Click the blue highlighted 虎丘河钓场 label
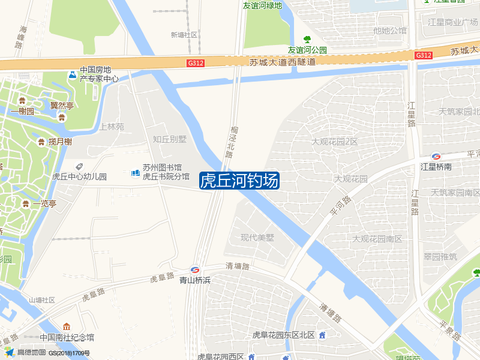[x=239, y=180]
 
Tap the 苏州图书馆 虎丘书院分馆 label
[x=166, y=172]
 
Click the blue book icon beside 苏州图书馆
[x=136, y=173]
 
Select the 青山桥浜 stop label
[x=195, y=280]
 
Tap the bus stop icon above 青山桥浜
[x=195, y=270]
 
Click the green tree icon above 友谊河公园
[x=307, y=40]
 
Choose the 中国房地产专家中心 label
[x=99, y=74]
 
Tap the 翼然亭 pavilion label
[x=62, y=106]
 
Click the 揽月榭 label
[x=60, y=142]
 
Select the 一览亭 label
[x=44, y=203]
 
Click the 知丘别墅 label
[x=170, y=139]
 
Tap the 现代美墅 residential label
[x=257, y=237]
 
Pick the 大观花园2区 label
[x=334, y=142]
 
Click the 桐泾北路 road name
[x=230, y=142]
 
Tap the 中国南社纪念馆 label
[x=67, y=337]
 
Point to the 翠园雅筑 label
[x=440, y=256]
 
